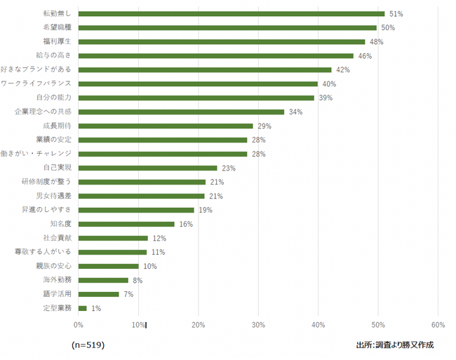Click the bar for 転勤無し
232,13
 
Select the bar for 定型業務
83,308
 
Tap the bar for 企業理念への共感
181,112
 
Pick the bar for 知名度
126,224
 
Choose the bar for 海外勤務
103,280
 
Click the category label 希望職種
57,27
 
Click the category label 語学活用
57,294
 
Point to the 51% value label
396,14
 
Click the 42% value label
343,70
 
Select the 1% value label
96,309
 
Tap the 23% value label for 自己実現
229,168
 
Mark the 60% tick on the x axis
438,325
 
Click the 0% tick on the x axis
79,325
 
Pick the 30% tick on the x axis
258,325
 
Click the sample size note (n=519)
88,345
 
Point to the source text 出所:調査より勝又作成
395,345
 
